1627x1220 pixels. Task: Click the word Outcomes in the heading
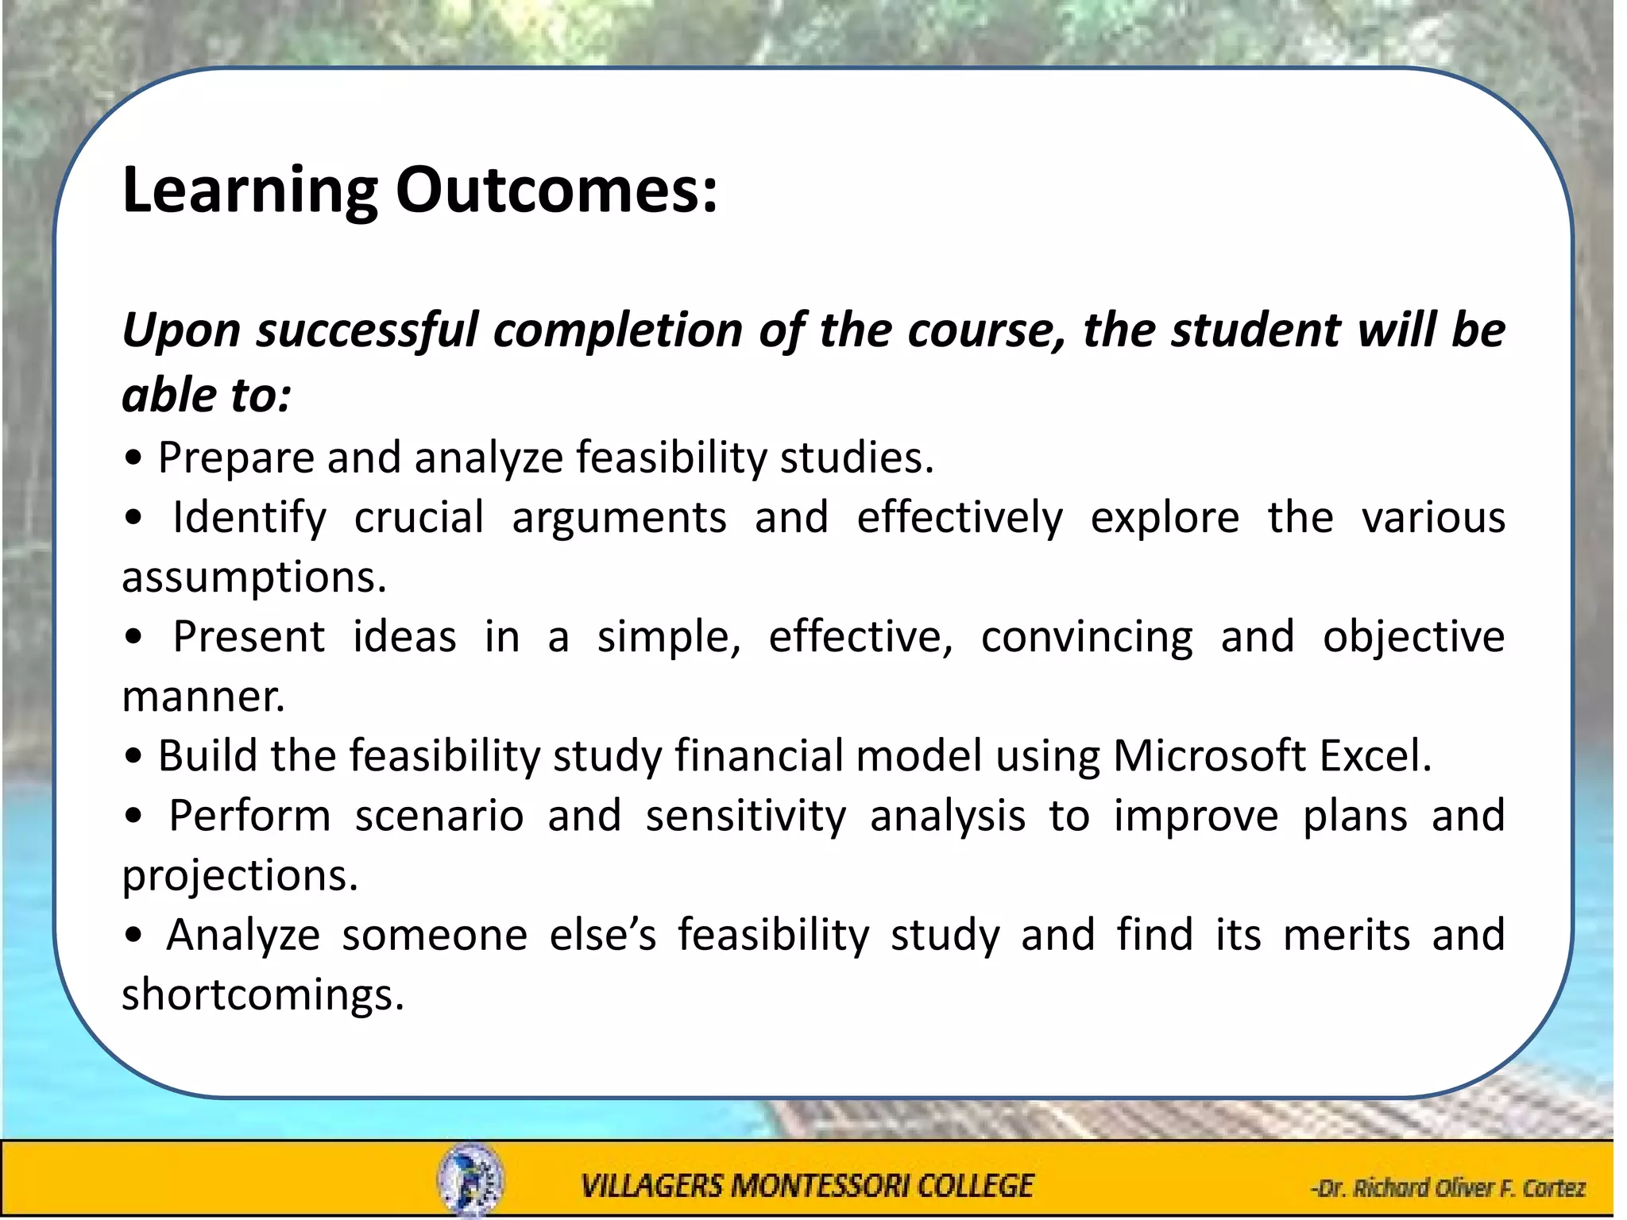556,191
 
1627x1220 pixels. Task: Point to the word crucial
419,518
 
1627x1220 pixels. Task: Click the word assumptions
253,578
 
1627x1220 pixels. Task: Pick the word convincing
1086,638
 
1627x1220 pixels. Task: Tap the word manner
203,697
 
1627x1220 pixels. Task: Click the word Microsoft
1209,755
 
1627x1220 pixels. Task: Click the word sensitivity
745,817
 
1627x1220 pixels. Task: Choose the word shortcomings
262,994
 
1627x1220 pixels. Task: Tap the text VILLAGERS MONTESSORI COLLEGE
806,1186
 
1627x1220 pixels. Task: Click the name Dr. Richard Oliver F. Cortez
1447,1188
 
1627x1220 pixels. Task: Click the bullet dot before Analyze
133,936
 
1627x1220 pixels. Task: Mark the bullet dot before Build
133,757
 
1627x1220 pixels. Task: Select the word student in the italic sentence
1254,330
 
